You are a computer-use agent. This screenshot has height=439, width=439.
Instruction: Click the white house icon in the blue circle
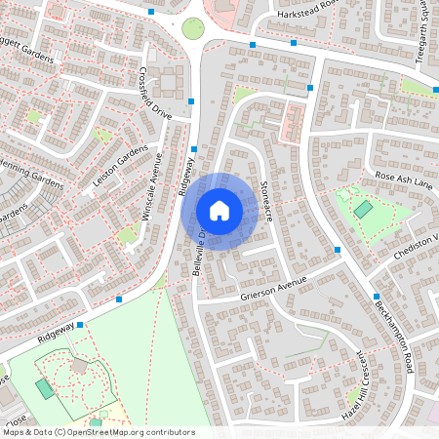tap(219, 210)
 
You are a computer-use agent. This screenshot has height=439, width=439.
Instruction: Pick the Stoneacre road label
tap(265, 201)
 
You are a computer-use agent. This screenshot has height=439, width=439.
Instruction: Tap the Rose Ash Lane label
tap(403, 180)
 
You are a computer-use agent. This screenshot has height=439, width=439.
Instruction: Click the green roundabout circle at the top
tap(193, 27)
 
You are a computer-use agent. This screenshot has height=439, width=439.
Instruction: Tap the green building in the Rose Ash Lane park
tap(363, 208)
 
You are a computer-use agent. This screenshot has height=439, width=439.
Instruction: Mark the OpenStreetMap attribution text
tap(99, 431)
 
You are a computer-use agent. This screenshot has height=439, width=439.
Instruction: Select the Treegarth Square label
tap(422, 29)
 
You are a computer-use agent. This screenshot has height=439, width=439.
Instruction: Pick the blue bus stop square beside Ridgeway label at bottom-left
tap(80, 324)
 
